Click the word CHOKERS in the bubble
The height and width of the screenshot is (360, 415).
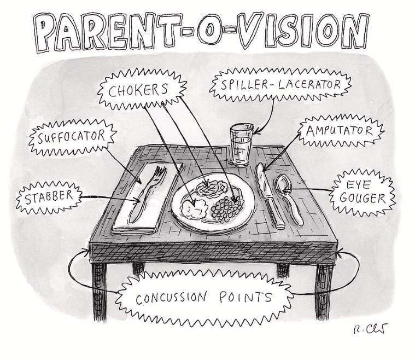coord(137,90)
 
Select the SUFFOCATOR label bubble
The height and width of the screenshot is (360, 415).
coord(71,135)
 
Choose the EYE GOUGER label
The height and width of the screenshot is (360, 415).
coord(363,191)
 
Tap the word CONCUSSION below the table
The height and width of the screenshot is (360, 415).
coord(172,298)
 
